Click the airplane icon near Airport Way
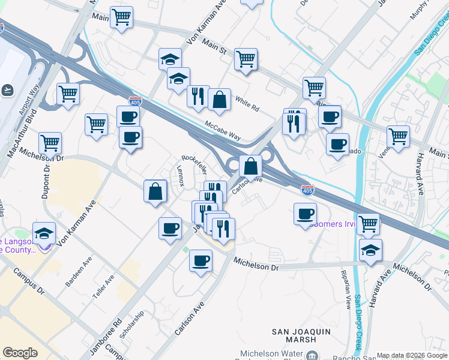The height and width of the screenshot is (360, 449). (8, 90)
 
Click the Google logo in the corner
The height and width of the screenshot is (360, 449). (20, 352)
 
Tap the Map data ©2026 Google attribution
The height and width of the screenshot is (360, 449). (411, 356)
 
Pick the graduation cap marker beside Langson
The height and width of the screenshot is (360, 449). (44, 233)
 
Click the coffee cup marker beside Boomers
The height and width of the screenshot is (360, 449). (306, 213)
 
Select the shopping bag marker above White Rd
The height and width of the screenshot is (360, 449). (220, 100)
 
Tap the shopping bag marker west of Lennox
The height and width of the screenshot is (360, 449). (155, 191)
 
